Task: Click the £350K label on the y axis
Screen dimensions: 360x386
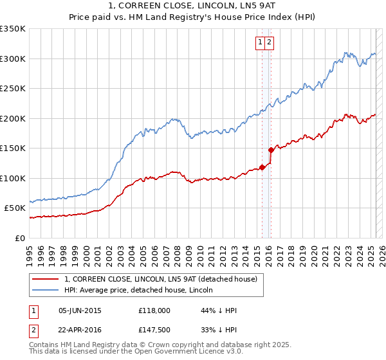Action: [x=13, y=29]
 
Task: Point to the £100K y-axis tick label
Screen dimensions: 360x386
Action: [x=13, y=178]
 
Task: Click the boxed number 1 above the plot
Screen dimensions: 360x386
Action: [x=261, y=43]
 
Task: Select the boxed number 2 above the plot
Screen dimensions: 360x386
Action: [x=269, y=43]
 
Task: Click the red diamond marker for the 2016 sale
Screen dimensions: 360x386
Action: [x=271, y=150]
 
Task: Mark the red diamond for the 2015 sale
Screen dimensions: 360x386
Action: [x=261, y=168]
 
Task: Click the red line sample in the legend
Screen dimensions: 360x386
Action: [x=46, y=278]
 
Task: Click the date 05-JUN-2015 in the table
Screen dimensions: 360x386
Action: [x=80, y=310]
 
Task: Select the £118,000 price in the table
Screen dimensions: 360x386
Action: [x=155, y=310]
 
